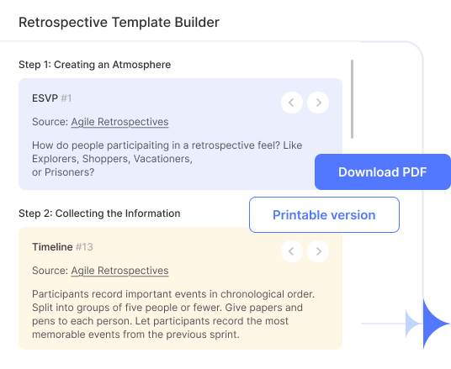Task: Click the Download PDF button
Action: pyautogui.click(x=383, y=172)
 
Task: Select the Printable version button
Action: pyautogui.click(x=324, y=215)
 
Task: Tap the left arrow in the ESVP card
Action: pyautogui.click(x=291, y=103)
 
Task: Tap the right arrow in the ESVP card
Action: pyautogui.click(x=317, y=103)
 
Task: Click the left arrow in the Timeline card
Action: pyautogui.click(x=291, y=250)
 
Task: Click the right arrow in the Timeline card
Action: pyautogui.click(x=317, y=250)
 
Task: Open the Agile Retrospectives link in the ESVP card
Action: pyautogui.click(x=119, y=122)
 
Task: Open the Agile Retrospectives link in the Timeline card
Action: pyautogui.click(x=119, y=271)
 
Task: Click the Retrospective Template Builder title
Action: pyautogui.click(x=119, y=22)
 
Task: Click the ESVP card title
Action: pyautogui.click(x=45, y=99)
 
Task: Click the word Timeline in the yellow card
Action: pyautogui.click(x=52, y=247)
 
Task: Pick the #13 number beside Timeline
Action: pyautogui.click(x=84, y=247)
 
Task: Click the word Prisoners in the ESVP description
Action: pyautogui.click(x=70, y=172)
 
